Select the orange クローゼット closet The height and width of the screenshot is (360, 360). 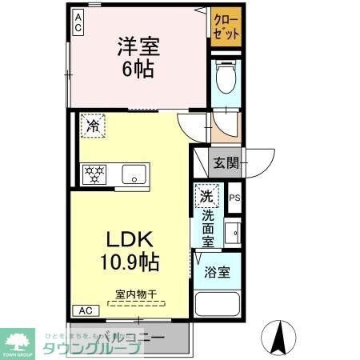click(x=226, y=26)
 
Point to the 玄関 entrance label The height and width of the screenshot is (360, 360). click(x=226, y=164)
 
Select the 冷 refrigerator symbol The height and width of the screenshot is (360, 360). click(x=93, y=126)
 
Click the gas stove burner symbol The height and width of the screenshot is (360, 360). click(x=94, y=174)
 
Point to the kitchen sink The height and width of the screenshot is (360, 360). click(x=132, y=173)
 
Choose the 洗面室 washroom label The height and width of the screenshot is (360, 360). click(x=208, y=227)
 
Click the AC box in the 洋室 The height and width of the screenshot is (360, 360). click(x=79, y=22)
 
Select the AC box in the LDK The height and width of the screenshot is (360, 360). click(x=86, y=310)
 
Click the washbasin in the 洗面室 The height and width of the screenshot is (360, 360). click(x=234, y=233)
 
